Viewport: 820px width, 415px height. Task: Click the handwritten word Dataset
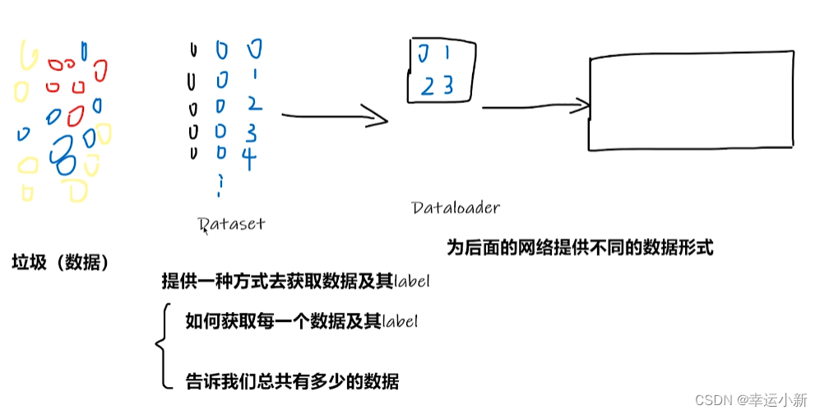tap(233, 223)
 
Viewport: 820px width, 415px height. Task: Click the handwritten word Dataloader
tap(455, 208)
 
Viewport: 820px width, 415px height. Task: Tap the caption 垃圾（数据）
tap(60, 263)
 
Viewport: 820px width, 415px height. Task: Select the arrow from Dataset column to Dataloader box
tap(333, 117)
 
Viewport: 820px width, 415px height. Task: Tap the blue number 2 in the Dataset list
tap(252, 104)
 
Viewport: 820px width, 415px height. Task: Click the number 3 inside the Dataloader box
tap(448, 86)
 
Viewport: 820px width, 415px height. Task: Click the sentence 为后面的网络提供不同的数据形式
tap(579, 247)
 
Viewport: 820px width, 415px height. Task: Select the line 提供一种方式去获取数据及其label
tap(297, 282)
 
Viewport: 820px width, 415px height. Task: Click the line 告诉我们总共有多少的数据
tap(292, 381)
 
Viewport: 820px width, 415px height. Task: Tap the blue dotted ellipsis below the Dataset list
tap(219, 186)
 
